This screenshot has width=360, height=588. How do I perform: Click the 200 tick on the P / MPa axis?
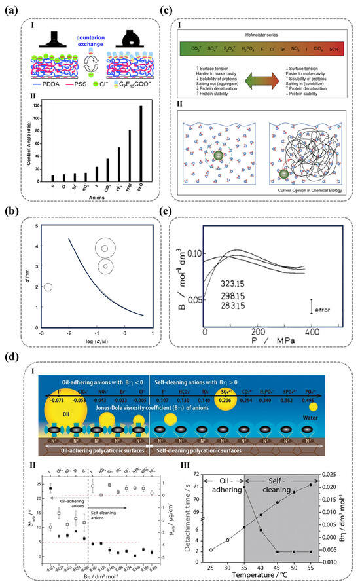pyautogui.click(x=257, y=331)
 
